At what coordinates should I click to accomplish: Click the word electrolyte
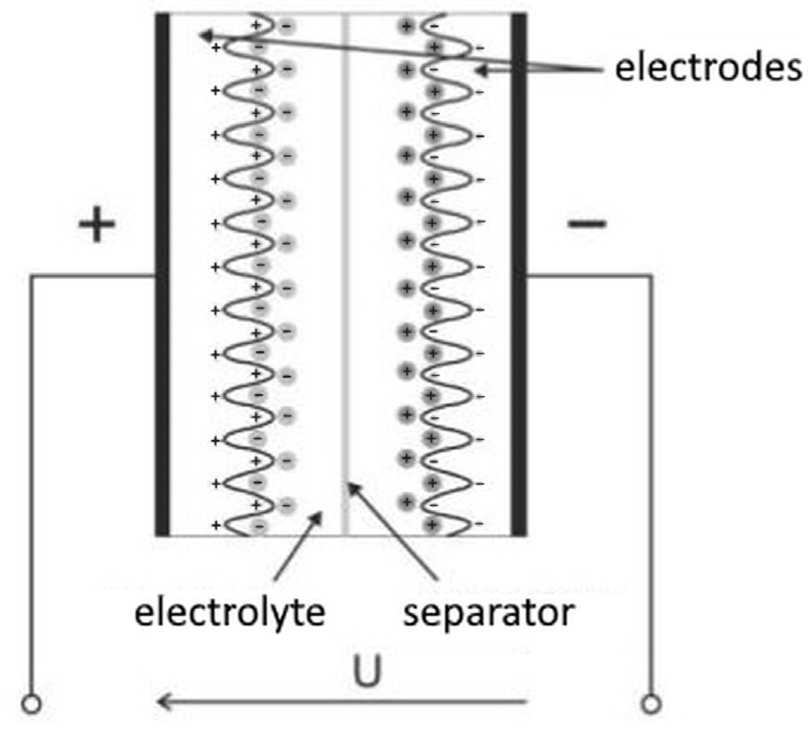[x=229, y=613]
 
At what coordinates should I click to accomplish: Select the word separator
[x=489, y=613]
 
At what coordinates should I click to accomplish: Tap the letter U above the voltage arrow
[x=367, y=671]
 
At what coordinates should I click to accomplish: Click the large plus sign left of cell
[x=97, y=224]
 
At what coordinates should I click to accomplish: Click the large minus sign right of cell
[x=587, y=223]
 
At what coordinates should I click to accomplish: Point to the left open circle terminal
[x=32, y=704]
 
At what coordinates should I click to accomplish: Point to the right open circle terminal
[x=651, y=704]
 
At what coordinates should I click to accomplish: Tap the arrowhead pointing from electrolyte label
[x=317, y=518]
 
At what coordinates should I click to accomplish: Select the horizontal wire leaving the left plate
[x=92, y=277]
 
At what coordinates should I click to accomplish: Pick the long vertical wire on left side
[x=32, y=484]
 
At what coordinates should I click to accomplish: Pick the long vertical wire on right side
[x=651, y=484]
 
